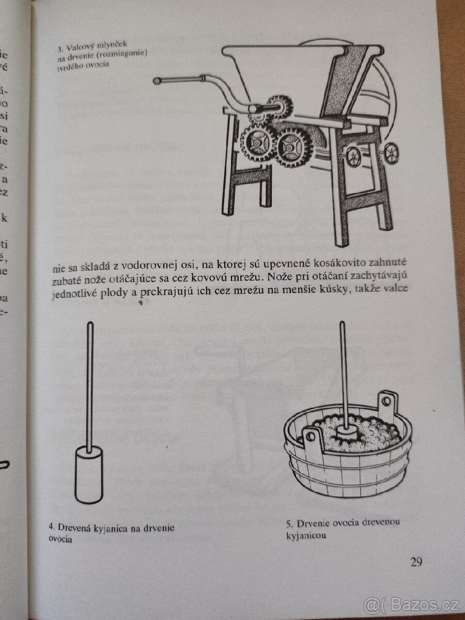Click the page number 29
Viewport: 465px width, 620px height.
click(416, 562)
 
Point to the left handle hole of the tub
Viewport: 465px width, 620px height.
click(310, 437)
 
